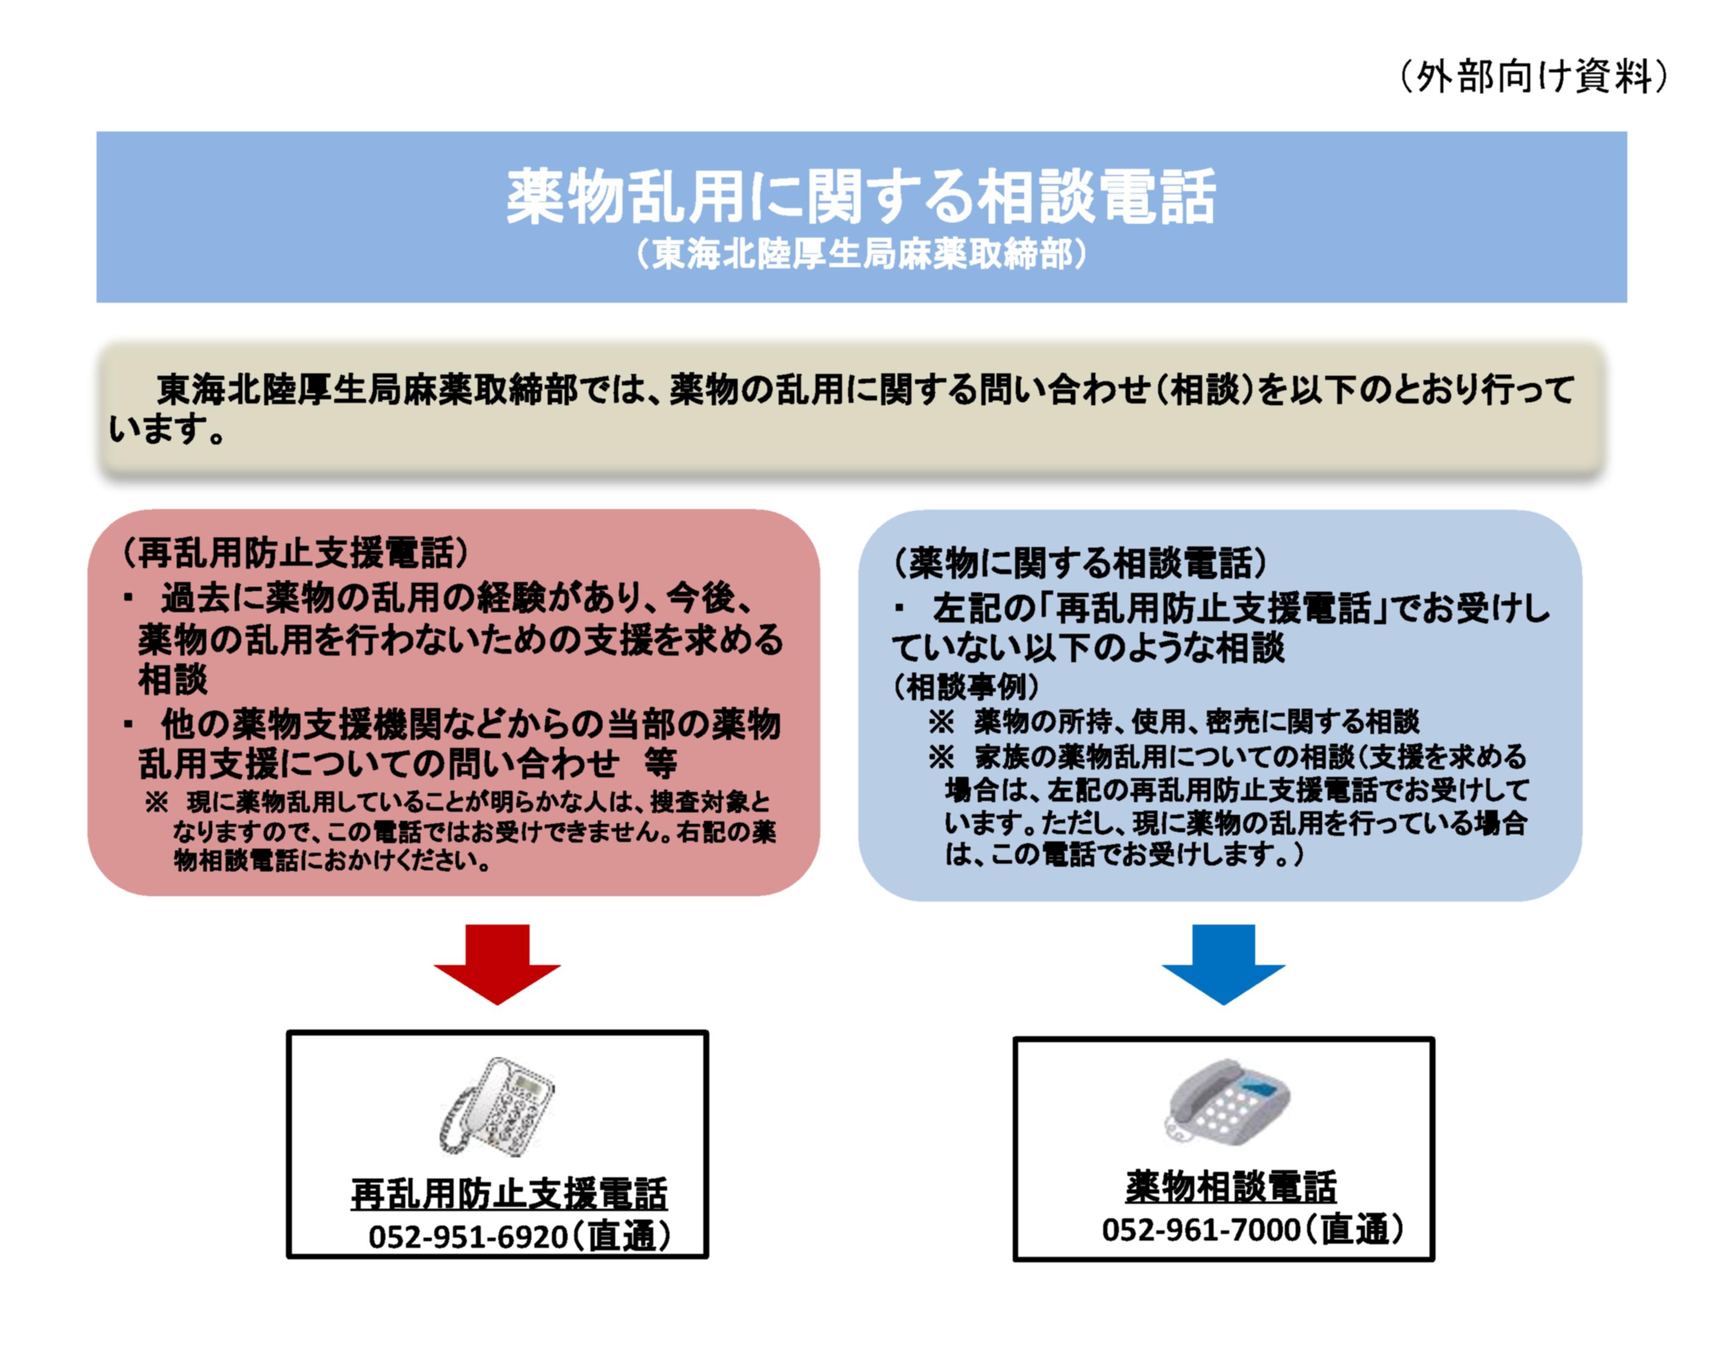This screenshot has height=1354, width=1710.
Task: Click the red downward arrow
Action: click(496, 961)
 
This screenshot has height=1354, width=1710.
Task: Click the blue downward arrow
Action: click(1223, 961)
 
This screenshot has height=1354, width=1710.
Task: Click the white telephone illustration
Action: click(497, 1107)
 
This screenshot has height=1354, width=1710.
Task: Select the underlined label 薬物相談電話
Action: click(1230, 1187)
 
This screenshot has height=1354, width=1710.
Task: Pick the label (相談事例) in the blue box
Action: click(966, 686)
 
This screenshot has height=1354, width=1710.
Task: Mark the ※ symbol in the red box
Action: click(156, 803)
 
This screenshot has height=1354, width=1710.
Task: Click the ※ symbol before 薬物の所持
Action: click(941, 721)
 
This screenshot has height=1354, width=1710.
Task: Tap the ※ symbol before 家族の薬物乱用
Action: click(941, 758)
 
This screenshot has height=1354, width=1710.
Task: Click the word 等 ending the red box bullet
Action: click(660, 764)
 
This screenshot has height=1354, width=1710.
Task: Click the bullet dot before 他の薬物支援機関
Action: click(128, 724)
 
